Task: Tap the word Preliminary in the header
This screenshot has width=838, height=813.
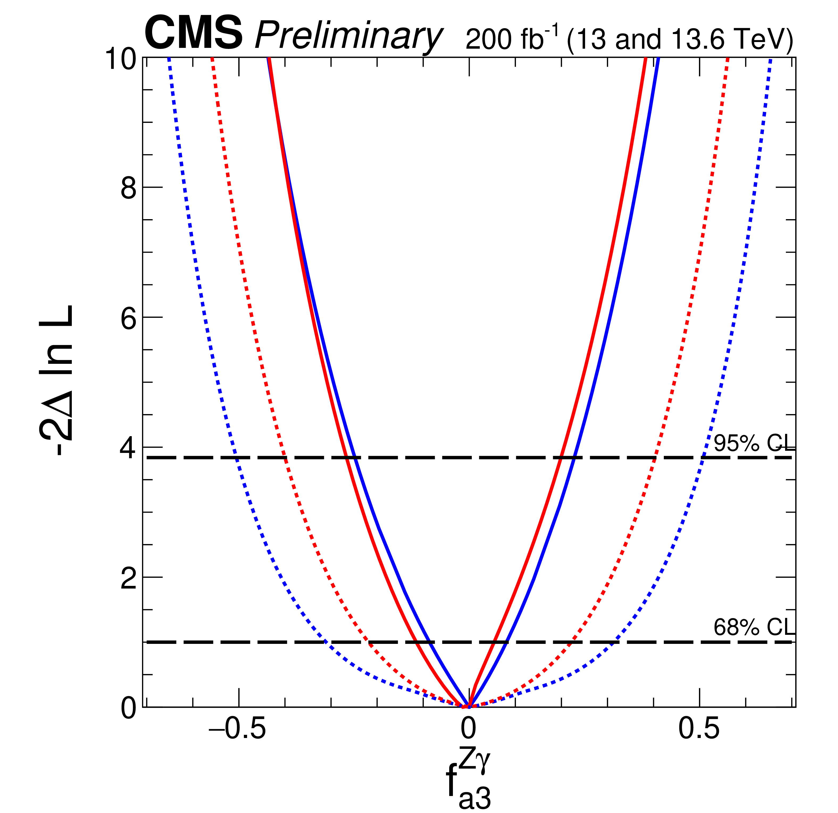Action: coord(348,37)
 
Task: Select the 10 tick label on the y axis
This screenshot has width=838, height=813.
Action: coord(121,59)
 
